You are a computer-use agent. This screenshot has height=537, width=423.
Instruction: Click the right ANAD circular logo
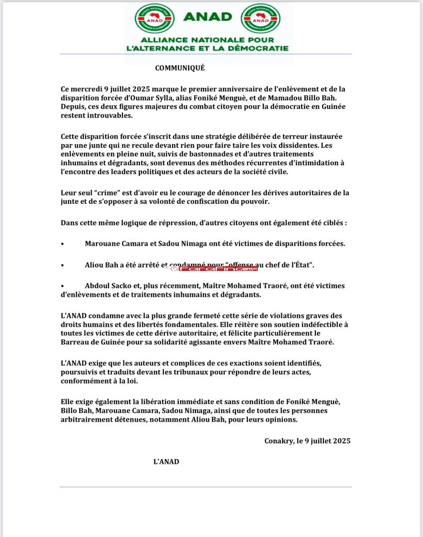point(260,18)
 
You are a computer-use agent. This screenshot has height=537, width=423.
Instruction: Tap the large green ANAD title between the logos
point(207,16)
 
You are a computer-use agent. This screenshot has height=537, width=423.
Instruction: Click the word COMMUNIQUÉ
point(180,68)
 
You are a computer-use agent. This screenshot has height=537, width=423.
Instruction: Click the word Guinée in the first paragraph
point(334,107)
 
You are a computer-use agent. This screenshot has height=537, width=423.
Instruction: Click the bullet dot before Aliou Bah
point(63,266)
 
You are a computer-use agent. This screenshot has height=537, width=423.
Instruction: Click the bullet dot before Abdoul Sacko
point(63,286)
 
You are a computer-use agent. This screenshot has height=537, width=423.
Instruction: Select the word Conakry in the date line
point(280,441)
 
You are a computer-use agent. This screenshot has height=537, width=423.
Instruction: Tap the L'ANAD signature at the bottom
point(166,461)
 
